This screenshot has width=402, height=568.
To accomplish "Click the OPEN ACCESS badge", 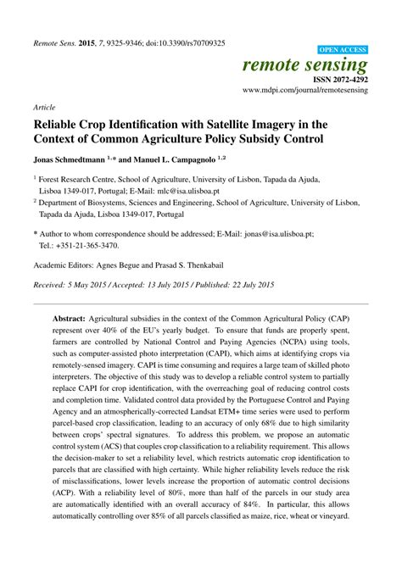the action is [342, 50].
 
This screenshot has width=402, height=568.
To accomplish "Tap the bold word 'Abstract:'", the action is [74, 311].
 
